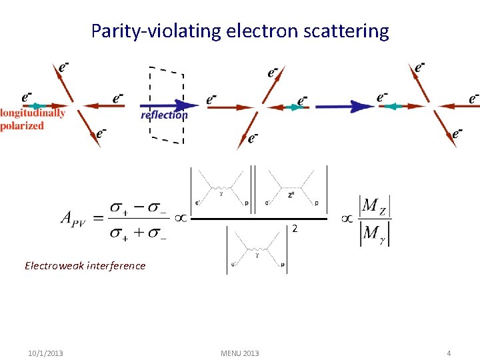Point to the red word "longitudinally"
(x=33, y=113)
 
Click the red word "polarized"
(x=22, y=125)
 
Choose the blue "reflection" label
(x=164, y=115)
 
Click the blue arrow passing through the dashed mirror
(x=170, y=105)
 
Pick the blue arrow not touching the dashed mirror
(x=344, y=106)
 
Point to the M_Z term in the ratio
(x=373, y=206)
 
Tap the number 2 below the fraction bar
(x=294, y=229)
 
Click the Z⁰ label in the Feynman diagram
(x=290, y=195)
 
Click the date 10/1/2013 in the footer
(x=46, y=353)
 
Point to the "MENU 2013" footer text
(x=239, y=353)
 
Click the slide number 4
(x=449, y=353)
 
